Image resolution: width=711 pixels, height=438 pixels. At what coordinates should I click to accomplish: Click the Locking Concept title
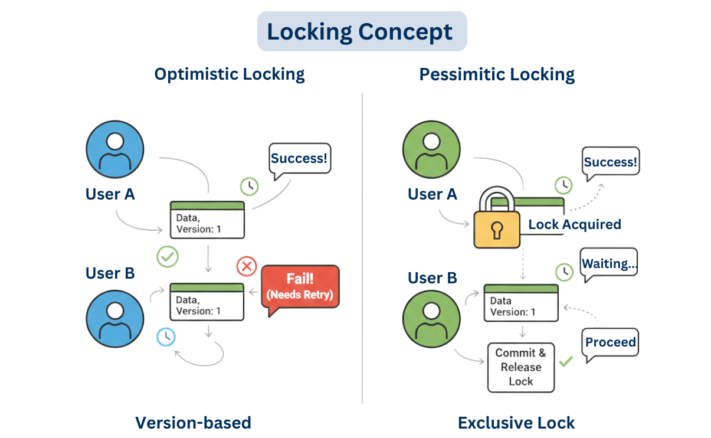pyautogui.click(x=362, y=31)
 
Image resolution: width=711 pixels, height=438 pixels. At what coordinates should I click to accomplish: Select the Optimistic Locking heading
pyautogui.click(x=230, y=74)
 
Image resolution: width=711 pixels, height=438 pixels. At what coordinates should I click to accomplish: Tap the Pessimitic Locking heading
pyautogui.click(x=497, y=74)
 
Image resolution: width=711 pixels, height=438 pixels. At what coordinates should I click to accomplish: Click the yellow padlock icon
pyautogui.click(x=495, y=219)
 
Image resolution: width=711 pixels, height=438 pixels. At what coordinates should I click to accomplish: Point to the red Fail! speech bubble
pyautogui.click(x=300, y=286)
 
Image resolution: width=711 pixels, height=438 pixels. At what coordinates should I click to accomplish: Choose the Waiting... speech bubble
pyautogui.click(x=610, y=264)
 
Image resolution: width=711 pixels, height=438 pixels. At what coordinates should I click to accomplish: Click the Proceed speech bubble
pyautogui.click(x=611, y=342)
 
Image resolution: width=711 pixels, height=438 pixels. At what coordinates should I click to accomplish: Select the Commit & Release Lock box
pyautogui.click(x=521, y=367)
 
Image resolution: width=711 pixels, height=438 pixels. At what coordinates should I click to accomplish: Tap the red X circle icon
pyautogui.click(x=246, y=267)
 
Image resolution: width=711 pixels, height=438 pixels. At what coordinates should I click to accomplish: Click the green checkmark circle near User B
pyautogui.click(x=167, y=257)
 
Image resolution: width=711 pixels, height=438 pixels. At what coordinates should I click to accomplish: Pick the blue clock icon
pyautogui.click(x=166, y=336)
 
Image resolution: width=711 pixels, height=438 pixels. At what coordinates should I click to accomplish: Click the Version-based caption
pyautogui.click(x=193, y=423)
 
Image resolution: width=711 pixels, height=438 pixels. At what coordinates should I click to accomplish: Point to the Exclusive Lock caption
pyautogui.click(x=516, y=423)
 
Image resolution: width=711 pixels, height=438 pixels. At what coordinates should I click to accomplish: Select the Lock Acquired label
pyautogui.click(x=574, y=224)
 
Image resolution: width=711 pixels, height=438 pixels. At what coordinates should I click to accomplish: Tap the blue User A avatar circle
pyautogui.click(x=115, y=150)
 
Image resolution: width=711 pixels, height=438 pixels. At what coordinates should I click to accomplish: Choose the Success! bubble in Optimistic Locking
pyautogui.click(x=300, y=158)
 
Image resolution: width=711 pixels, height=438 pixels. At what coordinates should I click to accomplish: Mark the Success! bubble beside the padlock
pyautogui.click(x=610, y=162)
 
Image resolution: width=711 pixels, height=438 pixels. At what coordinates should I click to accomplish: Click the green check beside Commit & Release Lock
pyautogui.click(x=566, y=361)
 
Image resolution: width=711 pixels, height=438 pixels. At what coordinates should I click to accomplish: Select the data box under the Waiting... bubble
pyautogui.click(x=521, y=303)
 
